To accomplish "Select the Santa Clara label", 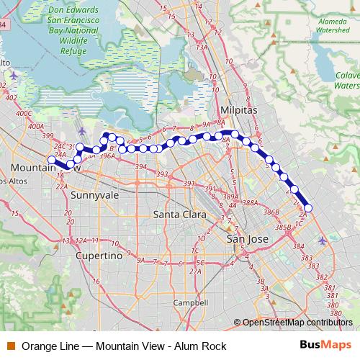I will (x=180, y=215).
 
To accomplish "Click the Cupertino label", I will (x=102, y=256).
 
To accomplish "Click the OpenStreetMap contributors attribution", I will (x=297, y=323).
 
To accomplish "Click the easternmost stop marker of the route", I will (x=308, y=209).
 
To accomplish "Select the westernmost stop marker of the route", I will (x=51, y=160).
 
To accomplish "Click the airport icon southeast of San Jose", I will (x=321, y=240).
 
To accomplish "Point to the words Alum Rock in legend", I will (x=200, y=346).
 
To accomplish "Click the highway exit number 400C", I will (x=24, y=113).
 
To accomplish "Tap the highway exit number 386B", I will (x=271, y=213).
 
